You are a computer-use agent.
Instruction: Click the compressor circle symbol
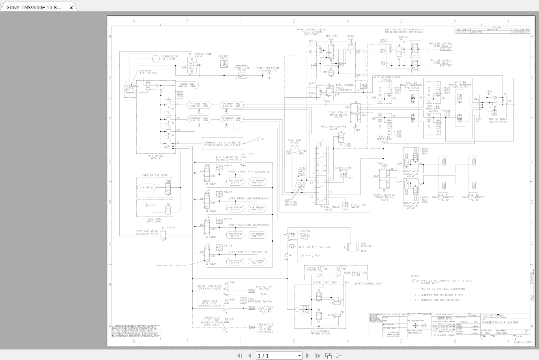[x=155, y=59]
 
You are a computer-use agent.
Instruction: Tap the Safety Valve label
[x=224, y=57]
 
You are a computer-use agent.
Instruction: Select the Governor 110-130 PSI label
[x=148, y=72]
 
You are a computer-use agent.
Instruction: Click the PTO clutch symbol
[x=351, y=246]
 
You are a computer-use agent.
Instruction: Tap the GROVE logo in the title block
[x=494, y=316]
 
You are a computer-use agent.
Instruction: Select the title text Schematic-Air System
[x=505, y=323]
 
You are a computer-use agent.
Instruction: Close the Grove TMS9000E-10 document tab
[x=71, y=8]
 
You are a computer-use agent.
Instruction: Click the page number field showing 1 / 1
[x=279, y=356]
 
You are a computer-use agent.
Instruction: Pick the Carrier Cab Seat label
[x=154, y=176]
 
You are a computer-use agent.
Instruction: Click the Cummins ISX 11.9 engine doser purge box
[x=222, y=143]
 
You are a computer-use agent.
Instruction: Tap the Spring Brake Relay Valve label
[x=497, y=120]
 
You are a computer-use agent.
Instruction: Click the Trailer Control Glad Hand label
[x=440, y=45]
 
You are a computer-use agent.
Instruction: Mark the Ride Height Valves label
[x=170, y=265]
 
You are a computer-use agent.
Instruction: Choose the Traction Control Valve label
[x=333, y=128]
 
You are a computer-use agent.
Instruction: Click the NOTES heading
[x=416, y=276]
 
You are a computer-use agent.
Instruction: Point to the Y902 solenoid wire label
[x=250, y=154]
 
